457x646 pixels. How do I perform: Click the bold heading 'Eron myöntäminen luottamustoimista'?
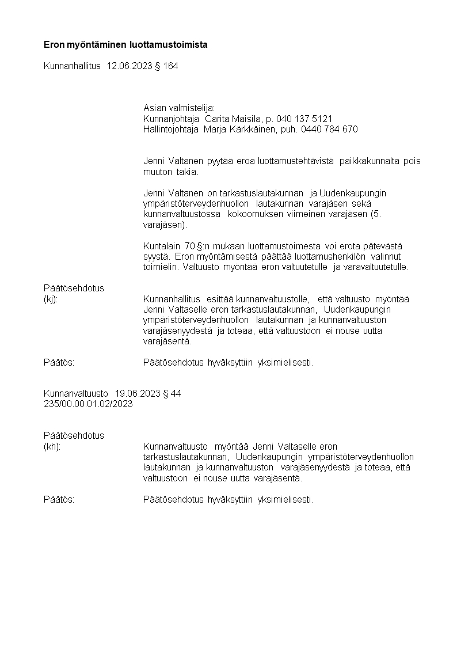[x=125, y=44]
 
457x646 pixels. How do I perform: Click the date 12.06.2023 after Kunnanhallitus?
[x=130, y=66]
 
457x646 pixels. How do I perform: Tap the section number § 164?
[x=166, y=66]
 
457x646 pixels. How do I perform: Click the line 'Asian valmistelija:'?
[x=178, y=108]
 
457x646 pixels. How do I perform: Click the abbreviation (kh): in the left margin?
[x=52, y=446]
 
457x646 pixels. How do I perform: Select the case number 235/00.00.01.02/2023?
[x=88, y=404]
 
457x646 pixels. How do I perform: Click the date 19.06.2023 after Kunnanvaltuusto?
[x=138, y=393]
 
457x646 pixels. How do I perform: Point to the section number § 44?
[x=172, y=393]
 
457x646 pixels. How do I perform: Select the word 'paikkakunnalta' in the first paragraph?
[x=370, y=161]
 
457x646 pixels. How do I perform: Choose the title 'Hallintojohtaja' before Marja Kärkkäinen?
[x=170, y=129]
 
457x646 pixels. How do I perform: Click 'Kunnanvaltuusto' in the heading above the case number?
[x=76, y=393]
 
